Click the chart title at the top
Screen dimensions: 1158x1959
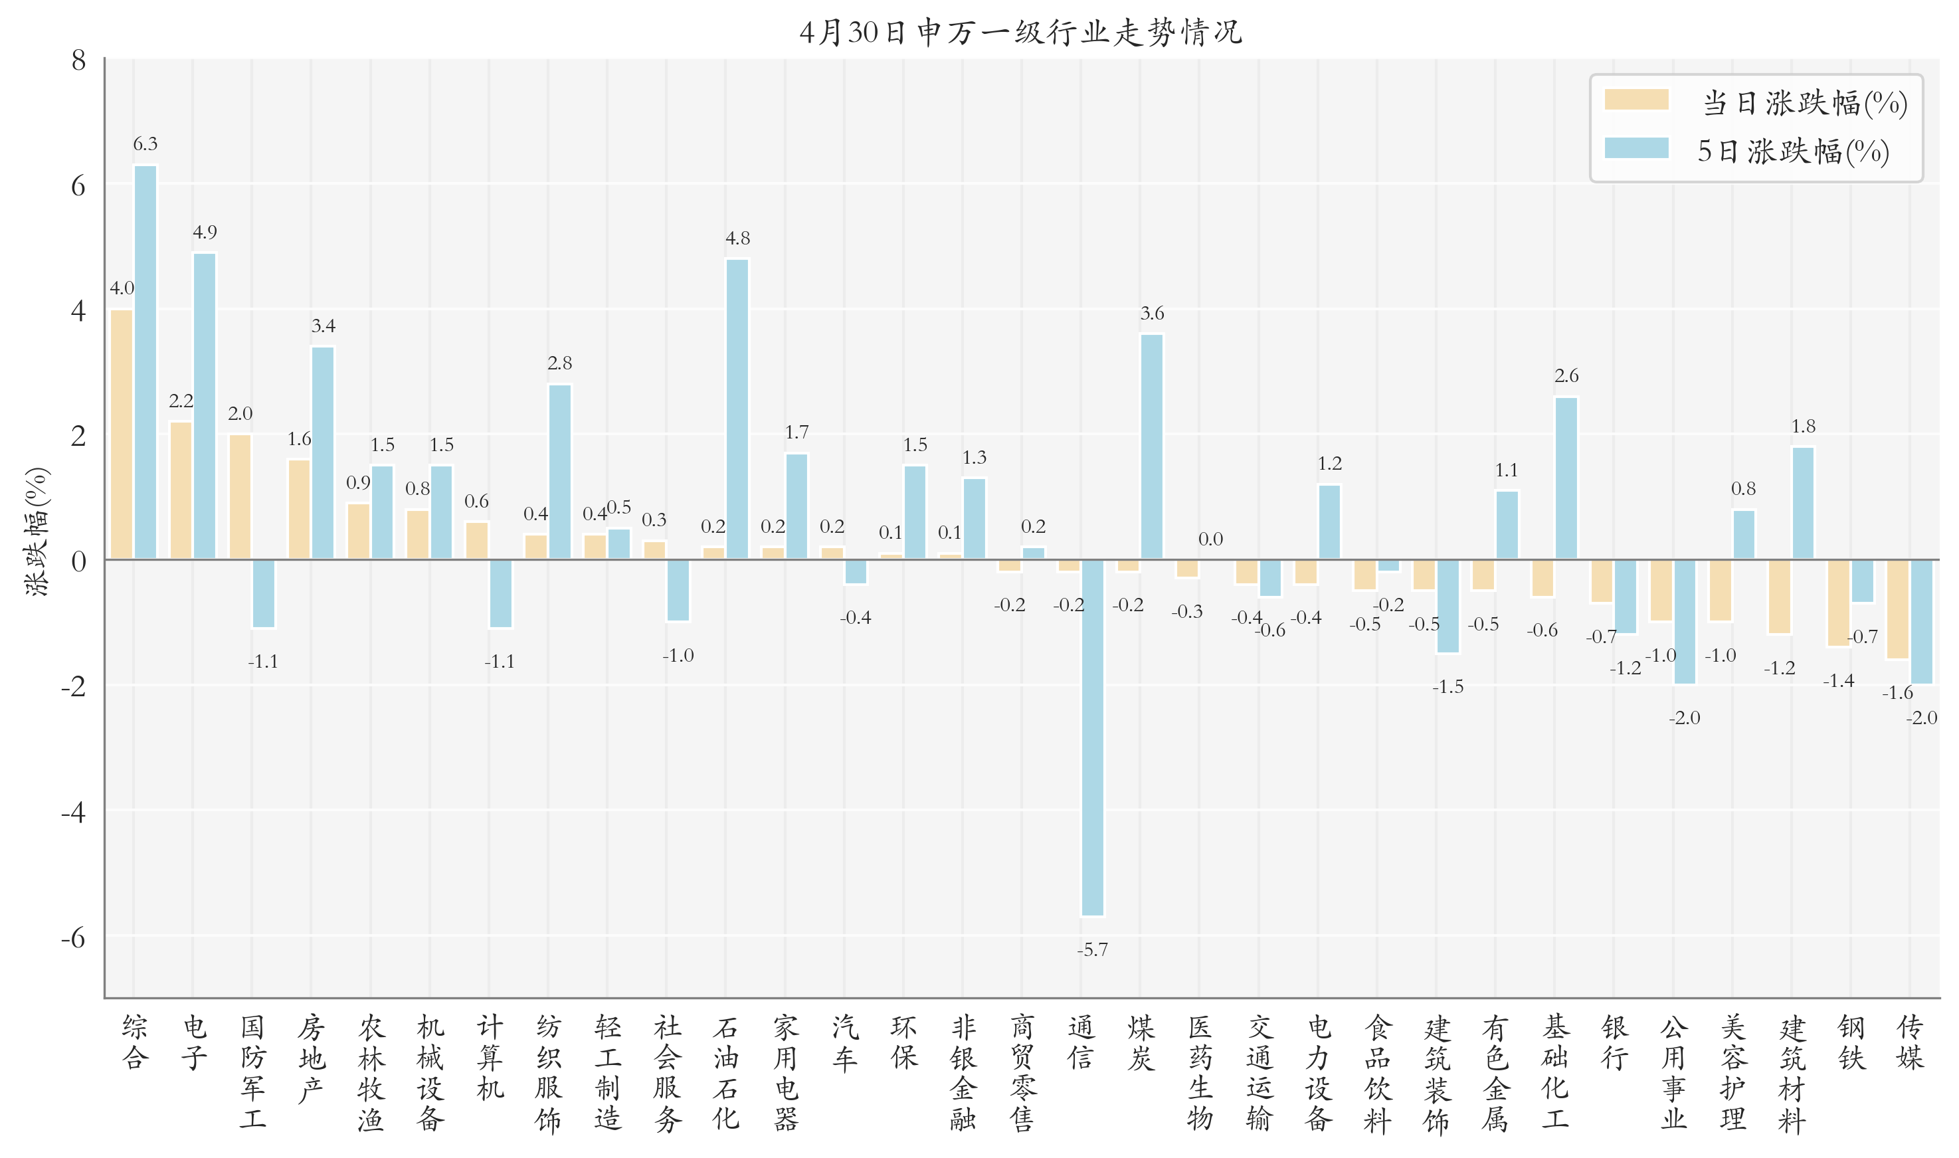click(x=1020, y=32)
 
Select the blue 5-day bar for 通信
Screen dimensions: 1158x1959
click(x=1092, y=737)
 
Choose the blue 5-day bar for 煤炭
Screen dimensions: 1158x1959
click(x=1151, y=446)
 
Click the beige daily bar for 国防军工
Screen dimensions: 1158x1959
click(x=240, y=496)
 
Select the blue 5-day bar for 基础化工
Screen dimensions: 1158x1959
click(x=1566, y=478)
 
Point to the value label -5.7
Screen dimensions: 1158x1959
click(x=1092, y=949)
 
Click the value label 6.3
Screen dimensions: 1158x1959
click(x=145, y=144)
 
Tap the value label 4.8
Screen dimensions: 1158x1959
click(x=737, y=238)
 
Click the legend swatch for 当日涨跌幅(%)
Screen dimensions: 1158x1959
click(x=1636, y=100)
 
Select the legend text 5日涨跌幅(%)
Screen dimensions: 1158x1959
click(x=1793, y=151)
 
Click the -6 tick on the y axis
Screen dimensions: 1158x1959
click(x=73, y=937)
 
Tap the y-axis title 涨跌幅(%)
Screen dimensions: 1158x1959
click(x=37, y=531)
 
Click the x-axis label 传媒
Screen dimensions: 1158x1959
click(x=1910, y=1042)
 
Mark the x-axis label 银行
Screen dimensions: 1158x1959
click(x=1614, y=1042)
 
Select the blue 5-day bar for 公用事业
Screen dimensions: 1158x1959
click(x=1685, y=622)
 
